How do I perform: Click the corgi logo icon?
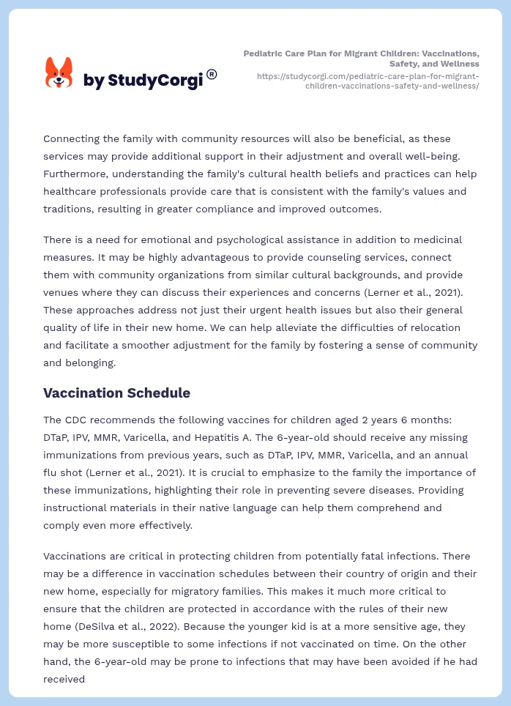[59, 73]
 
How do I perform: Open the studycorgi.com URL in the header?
[368, 81]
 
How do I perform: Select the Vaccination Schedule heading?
[116, 393]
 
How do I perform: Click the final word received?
[64, 679]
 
